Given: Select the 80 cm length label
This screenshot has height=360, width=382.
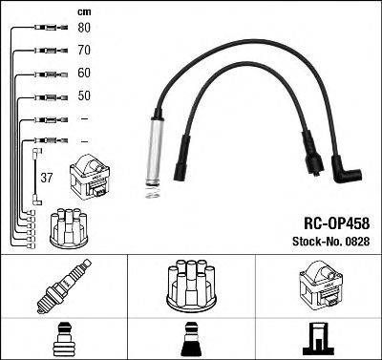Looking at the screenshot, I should pyautogui.click(x=84, y=28).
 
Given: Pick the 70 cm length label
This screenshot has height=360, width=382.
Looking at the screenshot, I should pyautogui.click(x=84, y=51).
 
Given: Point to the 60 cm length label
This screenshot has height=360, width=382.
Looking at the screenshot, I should pyautogui.click(x=84, y=74).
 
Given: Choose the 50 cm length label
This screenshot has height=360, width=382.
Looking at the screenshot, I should pyautogui.click(x=84, y=96).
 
